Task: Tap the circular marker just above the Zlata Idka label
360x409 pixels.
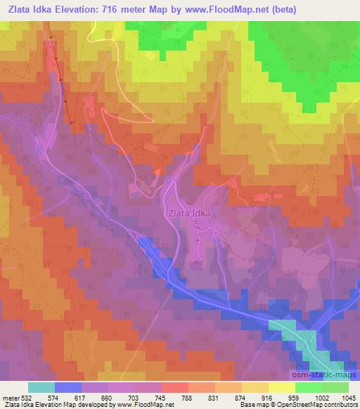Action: click(x=168, y=181)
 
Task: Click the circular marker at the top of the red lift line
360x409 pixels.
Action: click(x=51, y=45)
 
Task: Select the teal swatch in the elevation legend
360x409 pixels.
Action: click(x=41, y=387)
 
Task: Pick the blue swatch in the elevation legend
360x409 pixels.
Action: click(x=67, y=387)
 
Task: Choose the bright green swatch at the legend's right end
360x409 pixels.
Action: click(x=335, y=387)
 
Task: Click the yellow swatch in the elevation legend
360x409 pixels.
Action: click(x=281, y=387)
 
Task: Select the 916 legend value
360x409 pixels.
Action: click(x=268, y=397)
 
